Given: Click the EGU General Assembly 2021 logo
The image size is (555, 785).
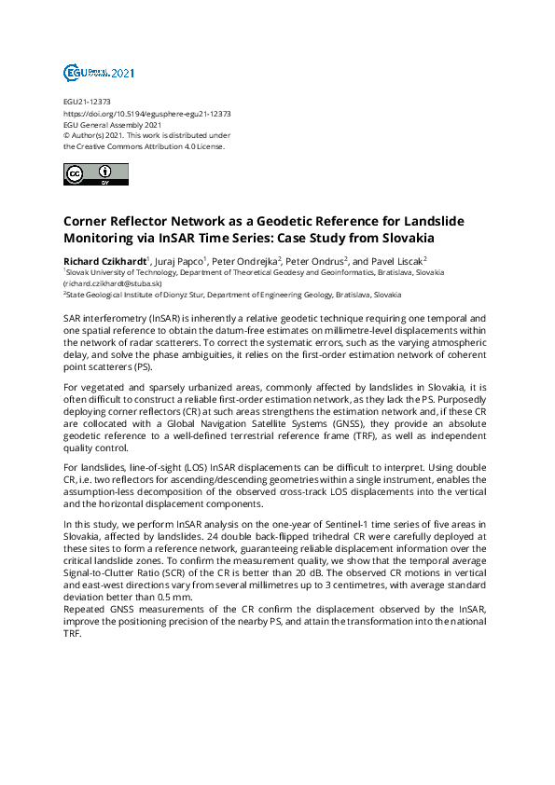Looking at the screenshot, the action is [99, 73].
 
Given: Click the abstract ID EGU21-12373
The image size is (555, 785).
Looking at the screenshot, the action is [87, 102].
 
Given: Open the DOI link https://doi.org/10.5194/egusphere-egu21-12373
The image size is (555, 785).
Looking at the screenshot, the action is [146, 113].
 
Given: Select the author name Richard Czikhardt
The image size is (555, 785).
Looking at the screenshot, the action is [104, 260].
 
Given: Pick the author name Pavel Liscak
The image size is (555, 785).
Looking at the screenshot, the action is [396, 260].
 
